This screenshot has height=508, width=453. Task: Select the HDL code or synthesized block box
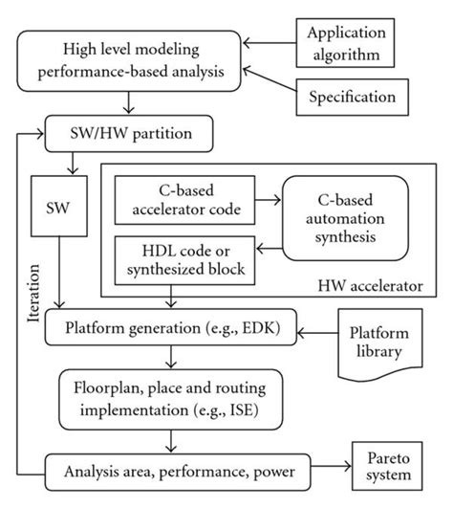(184, 259)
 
